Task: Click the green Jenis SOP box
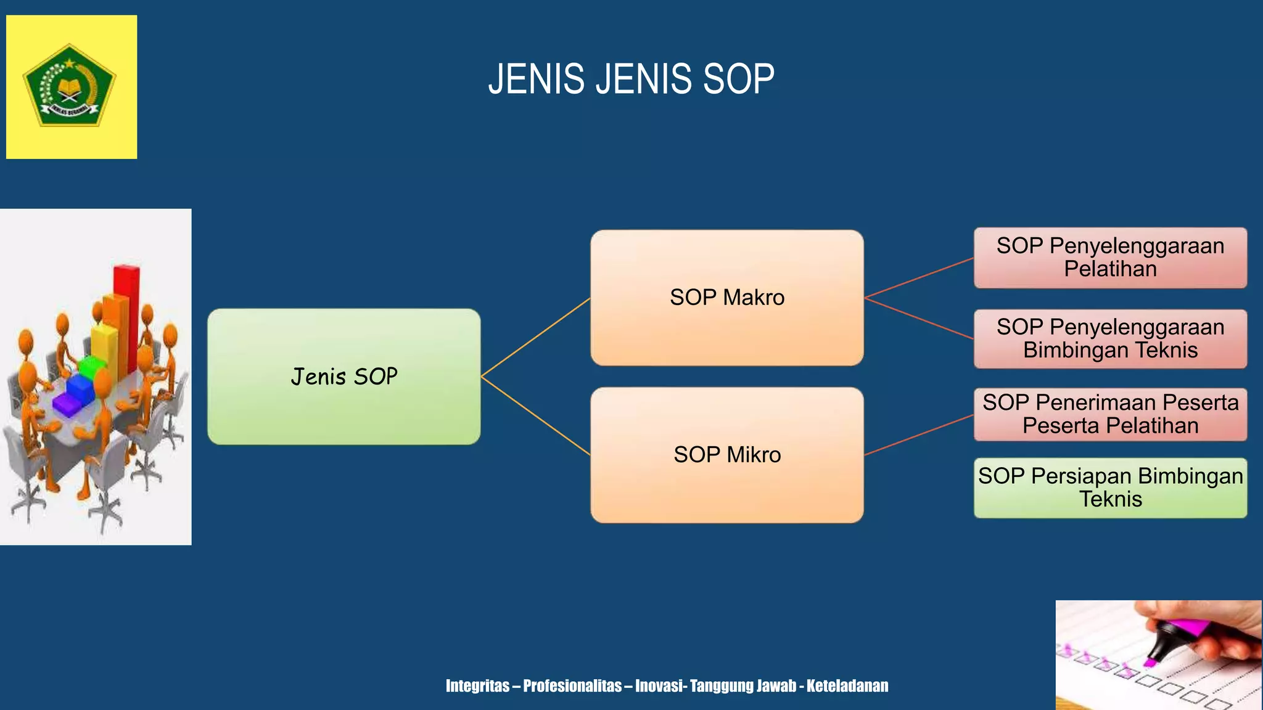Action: click(x=344, y=377)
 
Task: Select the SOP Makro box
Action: click(x=726, y=298)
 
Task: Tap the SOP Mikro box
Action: click(x=726, y=455)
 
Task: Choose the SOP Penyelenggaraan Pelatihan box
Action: click(x=1110, y=258)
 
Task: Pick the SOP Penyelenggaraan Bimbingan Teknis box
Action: click(x=1110, y=339)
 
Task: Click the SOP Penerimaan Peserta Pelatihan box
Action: click(x=1110, y=414)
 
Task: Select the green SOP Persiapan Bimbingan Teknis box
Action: click(x=1110, y=488)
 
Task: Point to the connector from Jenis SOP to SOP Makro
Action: click(x=535, y=337)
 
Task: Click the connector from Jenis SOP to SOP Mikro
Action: click(x=535, y=416)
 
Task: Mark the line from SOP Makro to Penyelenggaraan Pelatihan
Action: click(x=919, y=278)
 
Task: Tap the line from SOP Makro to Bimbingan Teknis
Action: click(x=919, y=319)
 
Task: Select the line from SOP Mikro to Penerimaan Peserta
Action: click(x=919, y=435)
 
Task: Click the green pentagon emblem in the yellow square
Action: click(x=70, y=86)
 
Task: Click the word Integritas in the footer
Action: click(x=477, y=686)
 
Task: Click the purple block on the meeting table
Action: click(x=68, y=404)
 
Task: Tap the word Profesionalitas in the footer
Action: click(x=572, y=686)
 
